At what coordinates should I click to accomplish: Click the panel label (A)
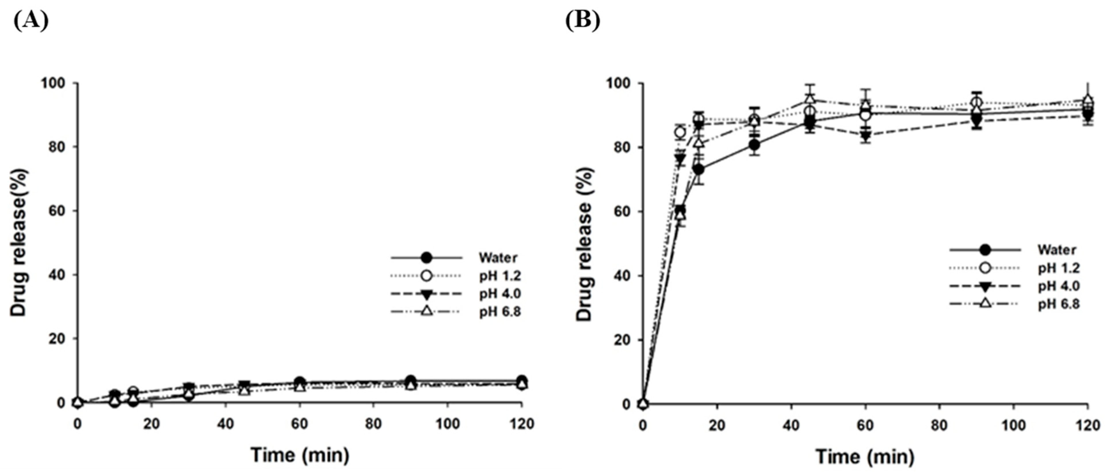pos(31,20)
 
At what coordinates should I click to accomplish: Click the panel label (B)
pos(583,20)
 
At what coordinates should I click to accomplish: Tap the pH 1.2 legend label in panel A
pos(500,275)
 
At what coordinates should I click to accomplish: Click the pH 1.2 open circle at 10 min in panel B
pos(680,132)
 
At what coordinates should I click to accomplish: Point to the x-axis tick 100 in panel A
pos(447,424)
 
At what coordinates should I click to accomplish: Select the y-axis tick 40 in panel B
pos(624,275)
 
